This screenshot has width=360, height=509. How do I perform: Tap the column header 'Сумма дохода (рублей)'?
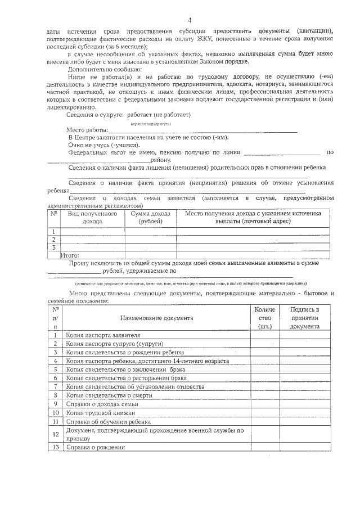[150, 218]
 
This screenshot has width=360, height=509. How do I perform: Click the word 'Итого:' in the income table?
[70, 255]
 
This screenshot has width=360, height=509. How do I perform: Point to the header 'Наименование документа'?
[156, 318]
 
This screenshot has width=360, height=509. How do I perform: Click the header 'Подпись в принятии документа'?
[305, 318]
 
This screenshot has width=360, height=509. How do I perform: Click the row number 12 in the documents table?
[55, 434]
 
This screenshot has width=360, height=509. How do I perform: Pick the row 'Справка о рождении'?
[95, 447]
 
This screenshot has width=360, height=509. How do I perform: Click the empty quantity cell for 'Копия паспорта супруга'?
[265, 343]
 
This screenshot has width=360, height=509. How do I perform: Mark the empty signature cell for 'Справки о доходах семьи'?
[305, 404]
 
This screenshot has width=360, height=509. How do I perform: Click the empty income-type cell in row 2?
[92, 240]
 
